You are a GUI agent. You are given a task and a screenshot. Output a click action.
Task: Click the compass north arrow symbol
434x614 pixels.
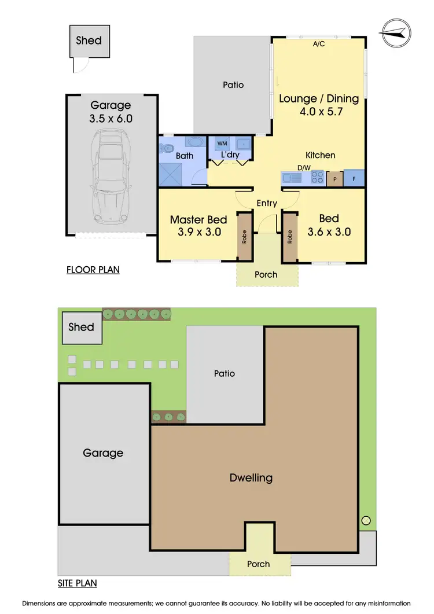pyautogui.click(x=396, y=34)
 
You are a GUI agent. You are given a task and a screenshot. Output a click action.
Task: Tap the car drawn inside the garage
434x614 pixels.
pyautogui.click(x=110, y=177)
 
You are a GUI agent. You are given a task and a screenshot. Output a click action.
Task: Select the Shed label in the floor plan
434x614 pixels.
pyautogui.click(x=89, y=41)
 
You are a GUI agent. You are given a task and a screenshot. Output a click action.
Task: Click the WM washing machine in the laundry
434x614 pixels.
pyautogui.click(x=222, y=143)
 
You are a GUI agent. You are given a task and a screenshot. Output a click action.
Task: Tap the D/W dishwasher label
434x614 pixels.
pyautogui.click(x=304, y=168)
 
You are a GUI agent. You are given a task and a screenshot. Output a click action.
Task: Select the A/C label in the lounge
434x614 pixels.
pyautogui.click(x=318, y=43)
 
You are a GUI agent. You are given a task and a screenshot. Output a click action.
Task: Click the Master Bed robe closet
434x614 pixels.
pyautogui.click(x=245, y=236)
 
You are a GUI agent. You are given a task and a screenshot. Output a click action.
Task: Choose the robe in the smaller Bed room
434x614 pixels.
pyautogui.click(x=289, y=236)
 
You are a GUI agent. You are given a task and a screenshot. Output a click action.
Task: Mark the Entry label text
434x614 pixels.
pyautogui.click(x=267, y=203)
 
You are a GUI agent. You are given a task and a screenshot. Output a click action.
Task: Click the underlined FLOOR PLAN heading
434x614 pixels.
pyautogui.click(x=93, y=269)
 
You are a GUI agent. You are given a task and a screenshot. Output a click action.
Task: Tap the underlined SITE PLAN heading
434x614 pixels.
pyautogui.click(x=77, y=583)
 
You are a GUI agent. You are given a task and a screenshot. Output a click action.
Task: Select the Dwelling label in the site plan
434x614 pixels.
pyautogui.click(x=251, y=478)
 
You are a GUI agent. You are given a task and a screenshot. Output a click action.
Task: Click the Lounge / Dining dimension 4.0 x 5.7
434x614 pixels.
pyautogui.click(x=319, y=112)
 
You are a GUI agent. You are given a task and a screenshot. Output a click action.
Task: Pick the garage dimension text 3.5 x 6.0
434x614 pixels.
pyautogui.click(x=111, y=119)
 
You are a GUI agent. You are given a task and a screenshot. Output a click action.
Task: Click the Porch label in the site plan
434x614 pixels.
pyautogui.click(x=259, y=564)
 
